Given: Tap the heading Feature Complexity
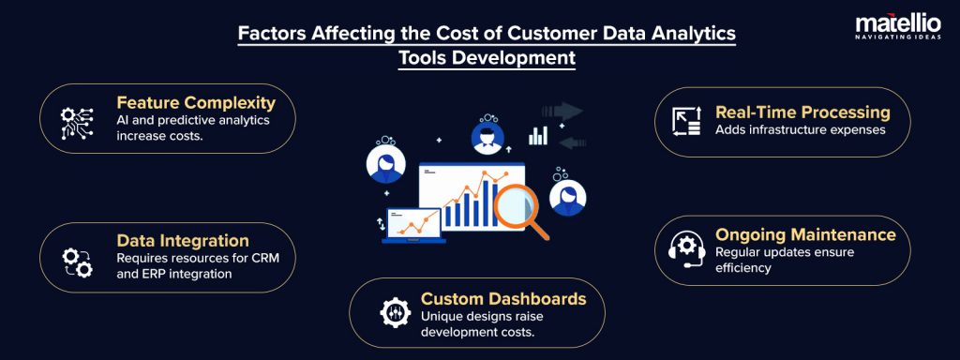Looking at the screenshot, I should [195, 102].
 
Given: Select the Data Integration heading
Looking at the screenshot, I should [182, 241].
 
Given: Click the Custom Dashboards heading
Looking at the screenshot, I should [502, 298].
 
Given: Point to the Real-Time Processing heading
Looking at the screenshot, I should [802, 112].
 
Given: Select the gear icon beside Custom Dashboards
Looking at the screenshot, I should [395, 312].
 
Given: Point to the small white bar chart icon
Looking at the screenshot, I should [538, 135].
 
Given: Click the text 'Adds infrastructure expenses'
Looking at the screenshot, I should [800, 129].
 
